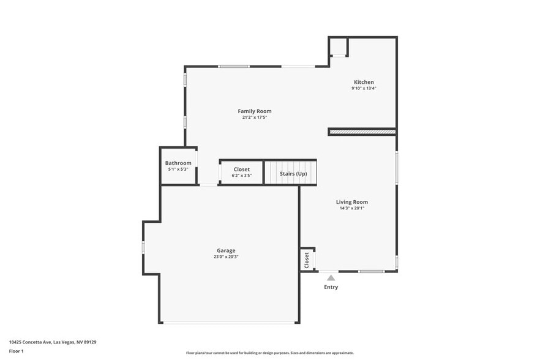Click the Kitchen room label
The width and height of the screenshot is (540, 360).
[x=364, y=82]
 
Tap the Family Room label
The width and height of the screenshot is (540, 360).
[x=255, y=111]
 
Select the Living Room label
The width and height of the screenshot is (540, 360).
[x=352, y=201]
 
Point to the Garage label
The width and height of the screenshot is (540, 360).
[x=226, y=250]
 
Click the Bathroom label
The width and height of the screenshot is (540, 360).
[x=178, y=163]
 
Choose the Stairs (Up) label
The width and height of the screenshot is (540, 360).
[x=293, y=174]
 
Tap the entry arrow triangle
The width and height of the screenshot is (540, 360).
[x=331, y=278]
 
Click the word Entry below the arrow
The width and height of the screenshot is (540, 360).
[x=331, y=287]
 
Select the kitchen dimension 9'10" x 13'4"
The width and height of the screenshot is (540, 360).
[x=364, y=88]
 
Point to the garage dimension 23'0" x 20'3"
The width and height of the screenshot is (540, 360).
[x=226, y=257]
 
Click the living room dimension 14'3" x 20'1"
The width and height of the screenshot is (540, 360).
[x=352, y=208]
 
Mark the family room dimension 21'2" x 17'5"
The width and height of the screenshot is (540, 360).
[x=255, y=117]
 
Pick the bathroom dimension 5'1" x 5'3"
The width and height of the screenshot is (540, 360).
[x=178, y=169]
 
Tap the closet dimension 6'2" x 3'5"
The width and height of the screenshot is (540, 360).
[x=242, y=175]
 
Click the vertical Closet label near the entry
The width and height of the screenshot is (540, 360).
[x=307, y=260]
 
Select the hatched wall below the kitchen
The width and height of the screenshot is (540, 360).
[x=362, y=131]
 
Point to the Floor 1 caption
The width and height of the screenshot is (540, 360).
[x=16, y=351]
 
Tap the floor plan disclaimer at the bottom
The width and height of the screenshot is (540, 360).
[x=269, y=353]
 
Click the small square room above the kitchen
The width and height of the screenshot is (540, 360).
[x=339, y=47]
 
